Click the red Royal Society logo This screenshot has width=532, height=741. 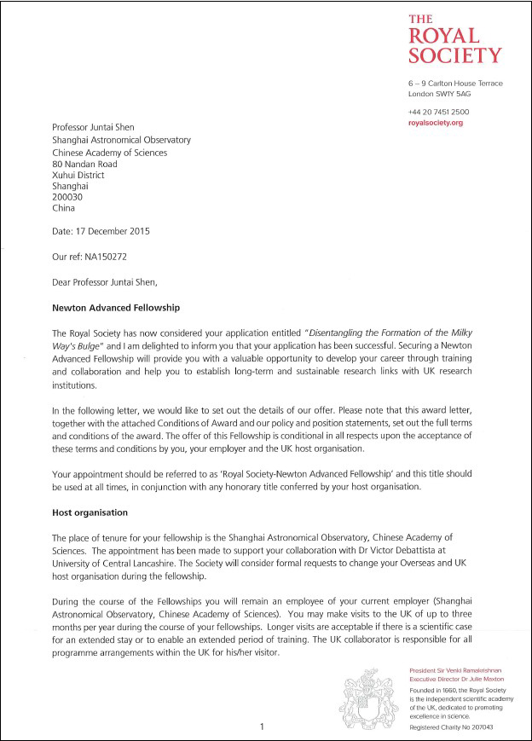454,40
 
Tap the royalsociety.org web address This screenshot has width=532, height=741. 435,124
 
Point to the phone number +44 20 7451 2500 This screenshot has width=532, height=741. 438,113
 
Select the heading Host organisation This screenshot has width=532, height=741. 90,513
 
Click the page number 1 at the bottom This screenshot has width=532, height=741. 263,727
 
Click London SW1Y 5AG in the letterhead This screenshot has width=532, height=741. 439,94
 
